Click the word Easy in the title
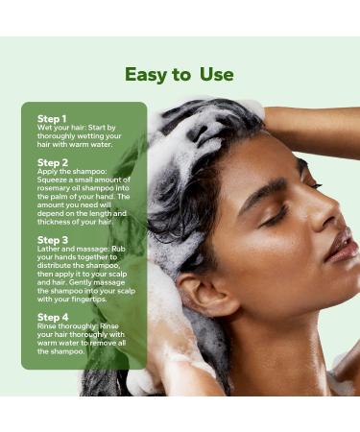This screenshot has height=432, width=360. click(x=148, y=75)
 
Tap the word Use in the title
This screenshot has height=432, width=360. click(x=216, y=75)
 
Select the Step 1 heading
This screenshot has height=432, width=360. click(x=52, y=119)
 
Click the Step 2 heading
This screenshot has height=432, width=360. click(x=52, y=163)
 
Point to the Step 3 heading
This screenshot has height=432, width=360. click(x=52, y=240)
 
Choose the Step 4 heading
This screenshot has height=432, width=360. click(x=52, y=317)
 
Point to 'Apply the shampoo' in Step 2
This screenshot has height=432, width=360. click(x=71, y=171)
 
